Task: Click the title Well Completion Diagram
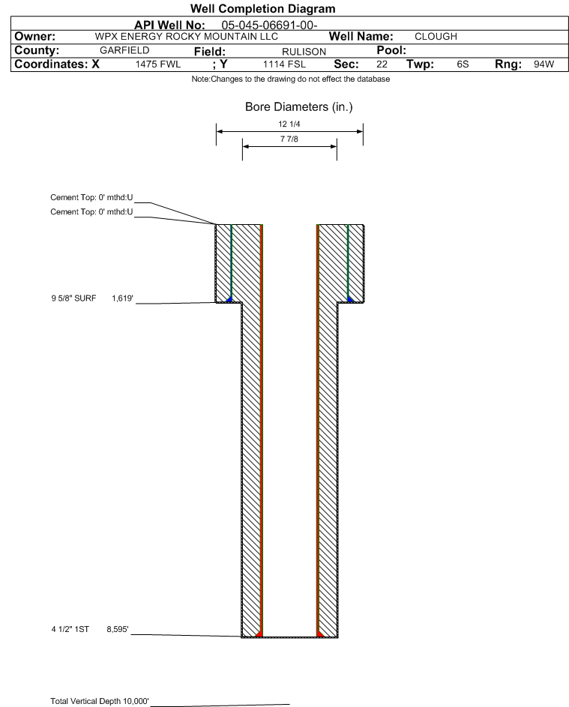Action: [263, 8]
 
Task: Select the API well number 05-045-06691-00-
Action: [269, 25]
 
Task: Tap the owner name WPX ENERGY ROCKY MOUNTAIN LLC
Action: [186, 37]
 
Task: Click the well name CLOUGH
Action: [436, 37]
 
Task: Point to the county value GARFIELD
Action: [124, 50]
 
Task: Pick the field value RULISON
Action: [304, 52]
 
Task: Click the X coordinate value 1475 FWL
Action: [157, 64]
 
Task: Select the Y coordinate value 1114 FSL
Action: [285, 64]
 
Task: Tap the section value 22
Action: [382, 64]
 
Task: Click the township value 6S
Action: [463, 64]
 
